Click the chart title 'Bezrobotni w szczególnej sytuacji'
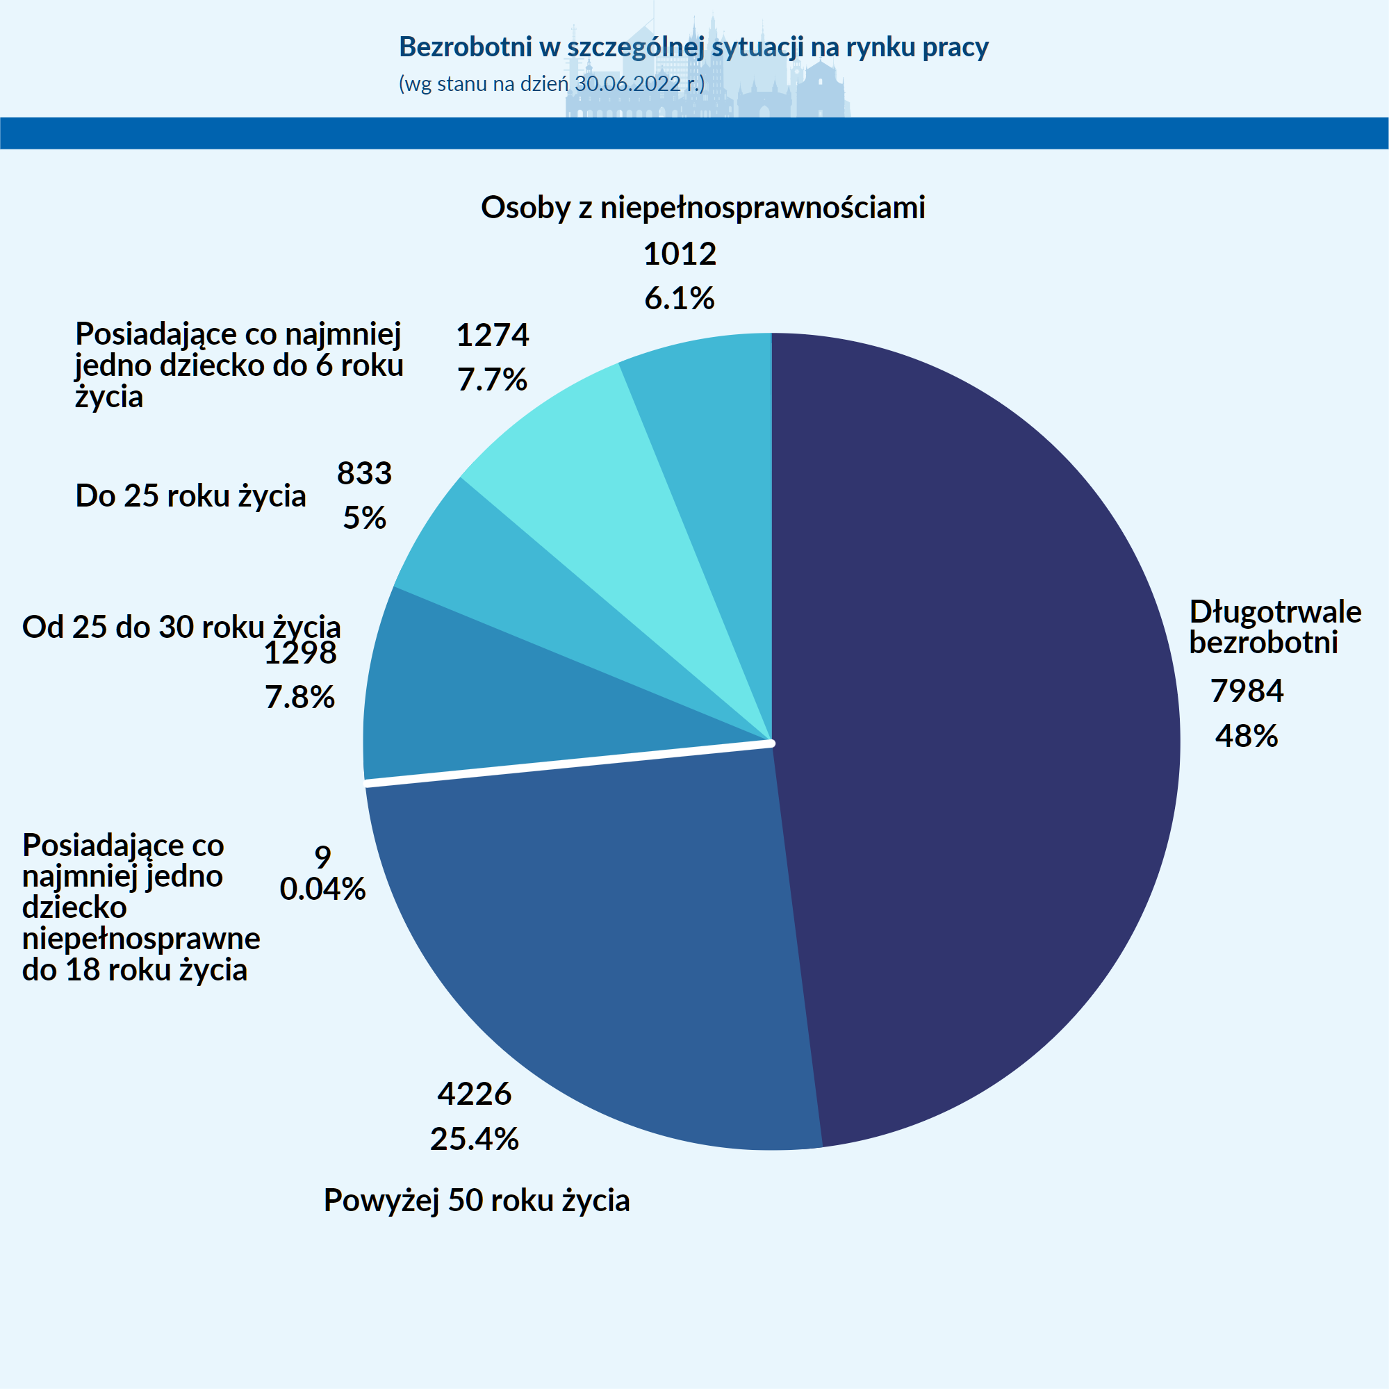[x=693, y=47]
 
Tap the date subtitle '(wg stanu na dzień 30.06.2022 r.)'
[x=552, y=84]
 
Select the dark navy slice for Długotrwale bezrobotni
[x=971, y=719]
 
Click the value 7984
[x=1247, y=691]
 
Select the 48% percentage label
[x=1247, y=737]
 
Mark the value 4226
[x=475, y=1094]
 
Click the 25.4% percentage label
[x=475, y=1139]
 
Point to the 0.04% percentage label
[x=323, y=889]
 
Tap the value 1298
[x=299, y=652]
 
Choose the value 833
[x=365, y=473]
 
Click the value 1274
[x=493, y=335]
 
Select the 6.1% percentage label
[x=680, y=298]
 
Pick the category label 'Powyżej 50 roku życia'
[x=477, y=1200]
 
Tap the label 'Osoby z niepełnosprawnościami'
[x=703, y=208]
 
